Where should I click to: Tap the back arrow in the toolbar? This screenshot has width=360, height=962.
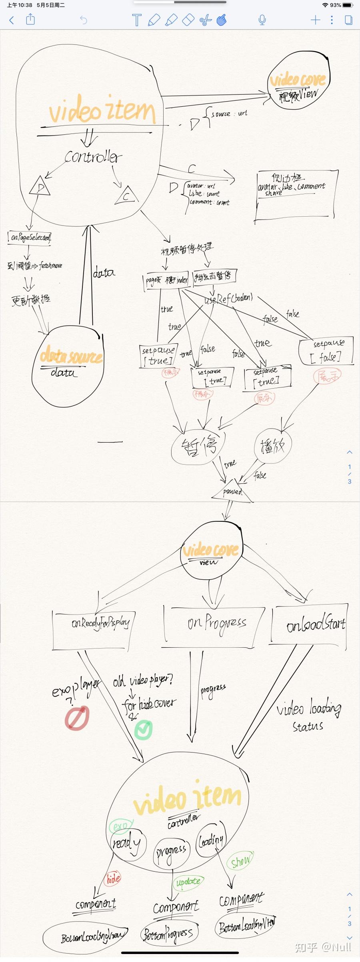pos(12,20)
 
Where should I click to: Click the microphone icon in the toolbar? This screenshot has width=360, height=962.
pos(262,20)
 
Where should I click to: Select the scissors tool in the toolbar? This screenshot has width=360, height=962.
pos(205,20)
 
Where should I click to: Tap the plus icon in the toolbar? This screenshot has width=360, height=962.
pos(315,20)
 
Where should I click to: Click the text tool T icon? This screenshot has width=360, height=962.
pos(136,20)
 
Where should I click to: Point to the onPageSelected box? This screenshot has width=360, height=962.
pos(30,238)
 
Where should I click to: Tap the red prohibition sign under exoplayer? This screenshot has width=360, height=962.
pos(77,718)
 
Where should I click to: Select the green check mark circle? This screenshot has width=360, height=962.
pos(143,730)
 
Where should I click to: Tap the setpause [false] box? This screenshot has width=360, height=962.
pos(327,351)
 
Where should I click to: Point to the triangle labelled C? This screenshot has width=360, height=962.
pos(126,196)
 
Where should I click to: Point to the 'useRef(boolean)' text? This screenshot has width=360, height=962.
pos(229,298)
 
